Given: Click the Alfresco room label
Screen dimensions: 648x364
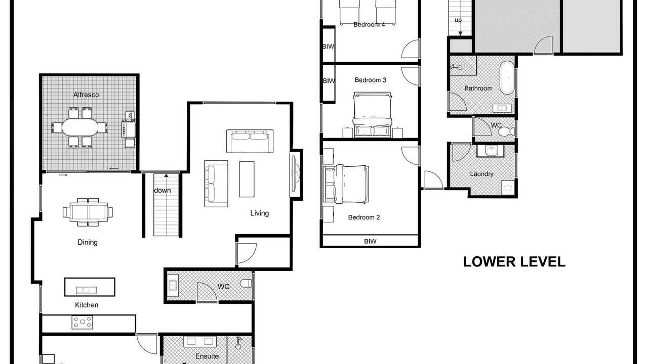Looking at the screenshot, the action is [86, 95].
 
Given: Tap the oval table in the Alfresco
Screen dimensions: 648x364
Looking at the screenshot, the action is [80, 127].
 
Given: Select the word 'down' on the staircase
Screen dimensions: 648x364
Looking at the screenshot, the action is [163, 191].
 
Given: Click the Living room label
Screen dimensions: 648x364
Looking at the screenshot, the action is [260, 213].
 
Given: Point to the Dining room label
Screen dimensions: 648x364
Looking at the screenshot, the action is [88, 242].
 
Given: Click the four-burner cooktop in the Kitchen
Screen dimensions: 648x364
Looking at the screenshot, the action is [83, 323].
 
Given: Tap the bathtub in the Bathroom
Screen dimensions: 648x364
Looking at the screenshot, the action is [507, 77].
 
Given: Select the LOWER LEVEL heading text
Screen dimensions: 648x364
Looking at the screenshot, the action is [514, 262].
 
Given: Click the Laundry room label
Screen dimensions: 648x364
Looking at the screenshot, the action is [481, 174].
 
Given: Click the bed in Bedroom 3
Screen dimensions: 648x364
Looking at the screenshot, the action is [372, 114].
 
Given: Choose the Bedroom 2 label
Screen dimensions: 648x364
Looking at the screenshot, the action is [364, 217].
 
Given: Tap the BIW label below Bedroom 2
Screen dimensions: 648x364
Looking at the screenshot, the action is [370, 241].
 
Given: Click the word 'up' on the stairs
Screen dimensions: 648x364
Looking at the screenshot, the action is [458, 20].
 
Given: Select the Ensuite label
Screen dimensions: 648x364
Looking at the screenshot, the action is [207, 356].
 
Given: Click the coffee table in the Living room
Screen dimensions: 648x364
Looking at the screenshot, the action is [247, 179].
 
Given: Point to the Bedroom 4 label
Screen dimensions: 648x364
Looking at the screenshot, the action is [369, 25].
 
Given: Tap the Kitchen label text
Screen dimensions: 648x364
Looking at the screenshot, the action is [87, 305].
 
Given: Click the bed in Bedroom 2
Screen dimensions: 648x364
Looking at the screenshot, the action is [346, 184].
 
